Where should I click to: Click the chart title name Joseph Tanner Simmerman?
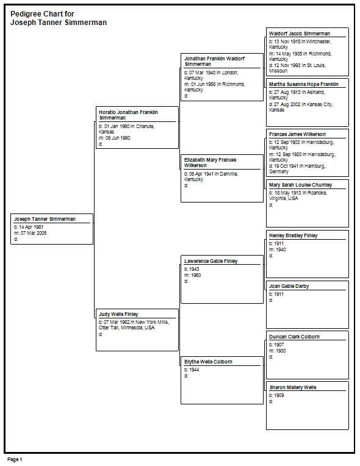coord(59,23)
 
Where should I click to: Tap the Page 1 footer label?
coord(15,459)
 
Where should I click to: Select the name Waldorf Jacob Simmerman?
coord(300,34)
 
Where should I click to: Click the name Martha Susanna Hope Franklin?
coord(303,84)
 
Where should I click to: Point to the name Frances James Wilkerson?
coord(297,134)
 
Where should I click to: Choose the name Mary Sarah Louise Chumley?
coord(301,185)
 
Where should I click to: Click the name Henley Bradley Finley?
coord(293,235)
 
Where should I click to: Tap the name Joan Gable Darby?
coord(289,286)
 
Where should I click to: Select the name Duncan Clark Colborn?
coord(294,337)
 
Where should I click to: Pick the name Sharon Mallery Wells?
coord(293,387)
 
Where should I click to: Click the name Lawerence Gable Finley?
coord(211,261)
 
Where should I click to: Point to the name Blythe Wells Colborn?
coord(208,362)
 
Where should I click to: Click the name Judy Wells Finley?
coord(118,314)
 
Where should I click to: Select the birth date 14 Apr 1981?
coord(31,227)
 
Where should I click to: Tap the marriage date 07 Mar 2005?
coord(34,233)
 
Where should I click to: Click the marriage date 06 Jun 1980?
coord(118,138)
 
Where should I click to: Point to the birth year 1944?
coord(194,370)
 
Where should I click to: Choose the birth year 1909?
coord(279,395)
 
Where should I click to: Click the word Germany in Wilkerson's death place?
coord(279,172)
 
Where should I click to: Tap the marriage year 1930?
coord(281,351)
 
